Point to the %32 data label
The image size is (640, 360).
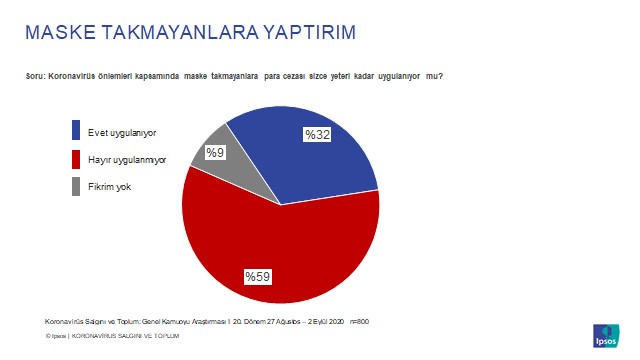tap(317, 134)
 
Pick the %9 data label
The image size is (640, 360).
tap(215, 153)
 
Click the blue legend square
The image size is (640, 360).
tap(77, 131)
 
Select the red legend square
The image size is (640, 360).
tap(77, 159)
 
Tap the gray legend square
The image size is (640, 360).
tap(77, 187)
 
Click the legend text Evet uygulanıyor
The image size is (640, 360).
tap(122, 132)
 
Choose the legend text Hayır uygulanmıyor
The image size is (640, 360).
tap(127, 160)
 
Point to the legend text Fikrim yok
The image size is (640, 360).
tap(110, 187)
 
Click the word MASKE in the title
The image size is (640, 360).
tap(58, 33)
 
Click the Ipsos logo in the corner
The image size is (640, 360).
tap(606, 335)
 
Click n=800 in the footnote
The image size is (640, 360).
tap(371, 321)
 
